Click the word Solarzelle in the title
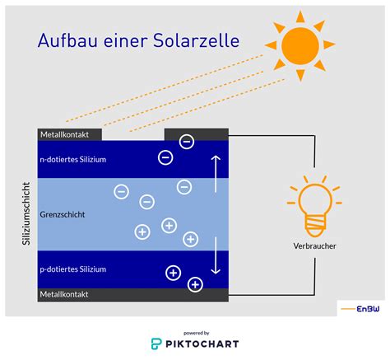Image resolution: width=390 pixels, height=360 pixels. coord(196,40)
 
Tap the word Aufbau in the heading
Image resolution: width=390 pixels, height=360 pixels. coord(67,40)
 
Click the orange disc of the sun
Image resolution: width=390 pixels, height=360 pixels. coord(300,46)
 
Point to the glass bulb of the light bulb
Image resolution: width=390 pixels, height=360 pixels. coord(315,199)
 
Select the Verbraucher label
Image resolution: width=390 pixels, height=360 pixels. coord(314,246)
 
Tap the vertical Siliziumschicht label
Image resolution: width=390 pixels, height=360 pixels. coord(26,213)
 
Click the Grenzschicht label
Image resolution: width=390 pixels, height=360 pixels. coord(63,214)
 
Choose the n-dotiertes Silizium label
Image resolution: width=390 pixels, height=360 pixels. coord(73,160)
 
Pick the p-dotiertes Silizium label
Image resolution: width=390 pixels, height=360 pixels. coord(73,269)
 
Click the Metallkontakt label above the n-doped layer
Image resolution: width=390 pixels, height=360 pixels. coord(64,134)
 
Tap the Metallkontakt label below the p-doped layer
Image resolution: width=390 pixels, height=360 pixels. coord(64,294)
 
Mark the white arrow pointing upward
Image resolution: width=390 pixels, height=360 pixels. coord(216,174)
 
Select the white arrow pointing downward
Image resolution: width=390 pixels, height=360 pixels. coord(216,256)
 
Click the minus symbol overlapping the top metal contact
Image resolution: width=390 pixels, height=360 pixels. coord(187,142)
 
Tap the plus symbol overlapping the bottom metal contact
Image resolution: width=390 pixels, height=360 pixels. coord(195,284)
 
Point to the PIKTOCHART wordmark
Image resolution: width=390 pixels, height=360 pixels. coord(202,344)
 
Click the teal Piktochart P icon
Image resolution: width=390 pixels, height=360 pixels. coord(156,344)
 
